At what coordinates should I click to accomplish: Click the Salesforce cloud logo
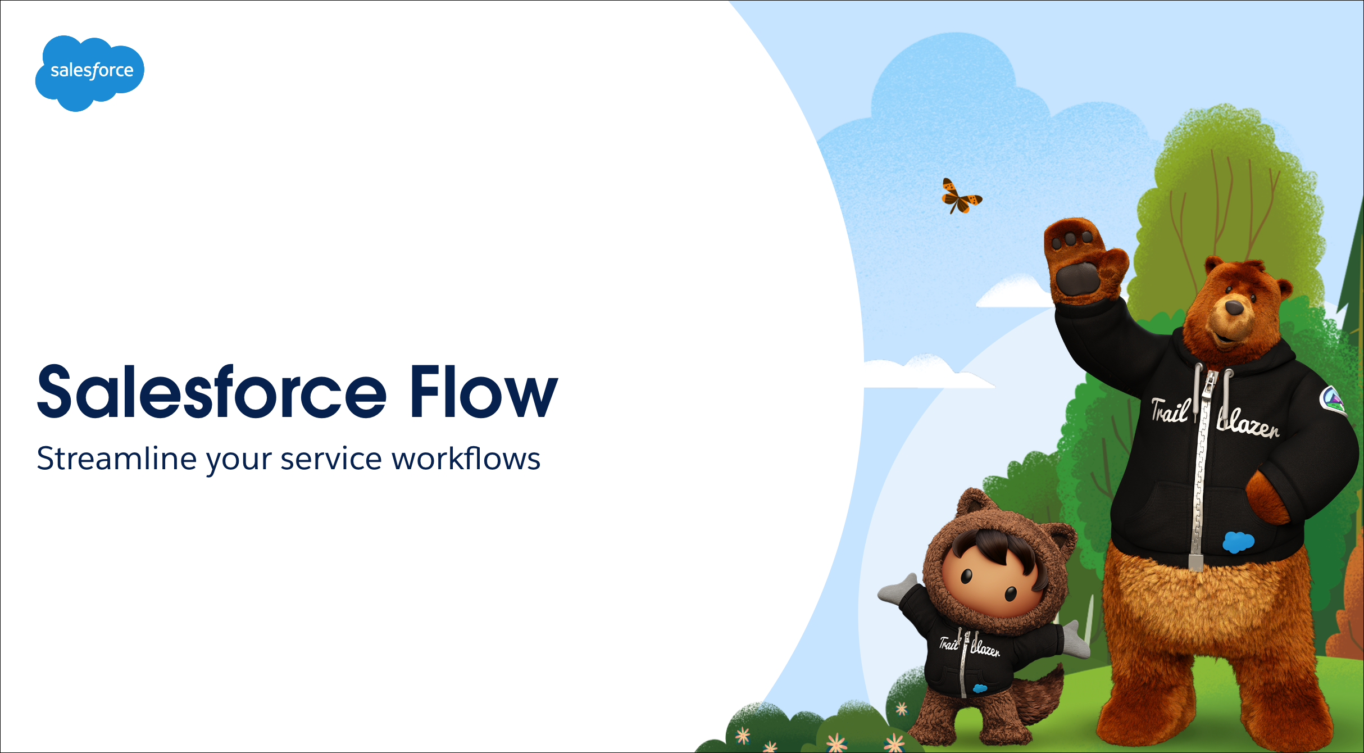click(90, 73)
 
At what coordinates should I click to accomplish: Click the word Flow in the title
click(484, 392)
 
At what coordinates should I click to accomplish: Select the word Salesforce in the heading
click(212, 391)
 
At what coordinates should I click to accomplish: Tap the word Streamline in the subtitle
click(117, 459)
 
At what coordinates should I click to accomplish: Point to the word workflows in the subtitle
click(466, 458)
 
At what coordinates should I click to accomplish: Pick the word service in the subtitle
click(331, 459)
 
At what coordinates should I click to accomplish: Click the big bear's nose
click(1234, 307)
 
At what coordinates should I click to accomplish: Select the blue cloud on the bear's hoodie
click(1238, 542)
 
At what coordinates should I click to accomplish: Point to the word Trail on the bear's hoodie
click(1170, 410)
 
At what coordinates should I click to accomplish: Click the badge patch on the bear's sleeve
click(1333, 401)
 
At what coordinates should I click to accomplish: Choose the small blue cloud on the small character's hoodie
click(980, 688)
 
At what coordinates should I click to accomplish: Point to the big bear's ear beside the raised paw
click(1215, 266)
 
